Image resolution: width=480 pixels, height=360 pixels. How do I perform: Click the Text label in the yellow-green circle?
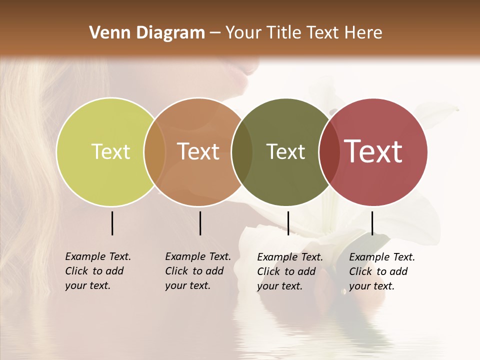110,151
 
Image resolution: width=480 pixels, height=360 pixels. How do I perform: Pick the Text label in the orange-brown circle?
198,151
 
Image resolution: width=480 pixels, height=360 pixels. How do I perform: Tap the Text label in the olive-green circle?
285,151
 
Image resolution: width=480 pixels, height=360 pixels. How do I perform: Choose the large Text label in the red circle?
373,151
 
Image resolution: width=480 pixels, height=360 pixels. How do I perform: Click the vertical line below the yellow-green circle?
112,223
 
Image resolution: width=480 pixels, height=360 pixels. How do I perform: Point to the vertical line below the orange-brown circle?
200,223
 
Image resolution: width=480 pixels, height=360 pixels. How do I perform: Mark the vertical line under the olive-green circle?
288,223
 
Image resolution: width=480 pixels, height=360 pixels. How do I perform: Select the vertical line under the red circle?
372,223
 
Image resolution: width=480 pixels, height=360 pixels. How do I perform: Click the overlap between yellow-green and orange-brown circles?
155,151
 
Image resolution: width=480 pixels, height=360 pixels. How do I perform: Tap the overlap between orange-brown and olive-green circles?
242,151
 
